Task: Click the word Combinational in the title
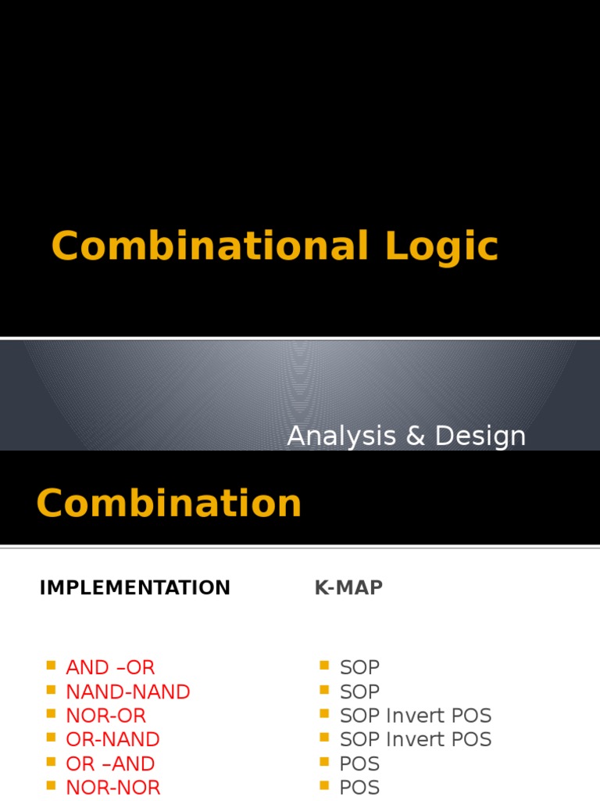pos(209,246)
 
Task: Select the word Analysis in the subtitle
pos(341,436)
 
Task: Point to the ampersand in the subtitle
pos(416,436)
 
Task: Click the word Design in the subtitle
pos(480,436)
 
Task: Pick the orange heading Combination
pos(169,503)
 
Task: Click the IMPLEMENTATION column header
pos(134,587)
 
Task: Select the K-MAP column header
pos(348,587)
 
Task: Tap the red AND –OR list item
pos(110,667)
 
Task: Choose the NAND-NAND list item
pos(128,691)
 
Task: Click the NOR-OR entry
pos(106,716)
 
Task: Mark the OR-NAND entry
pos(112,739)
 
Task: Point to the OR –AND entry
pos(110,763)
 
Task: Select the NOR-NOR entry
pos(113,788)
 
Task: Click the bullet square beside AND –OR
pos(51,665)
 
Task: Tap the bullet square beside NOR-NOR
pos(51,785)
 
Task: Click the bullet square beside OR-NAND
pos(51,737)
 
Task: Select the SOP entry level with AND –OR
pos(359,667)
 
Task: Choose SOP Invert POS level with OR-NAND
pos(416,739)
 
